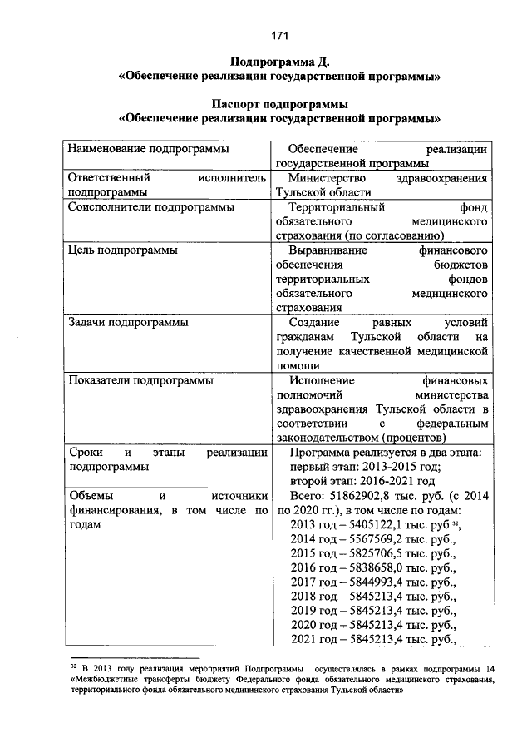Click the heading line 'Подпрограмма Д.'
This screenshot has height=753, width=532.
280,62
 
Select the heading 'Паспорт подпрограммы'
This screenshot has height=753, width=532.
280,104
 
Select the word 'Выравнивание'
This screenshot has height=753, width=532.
328,250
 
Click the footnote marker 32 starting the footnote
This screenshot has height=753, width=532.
73,666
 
